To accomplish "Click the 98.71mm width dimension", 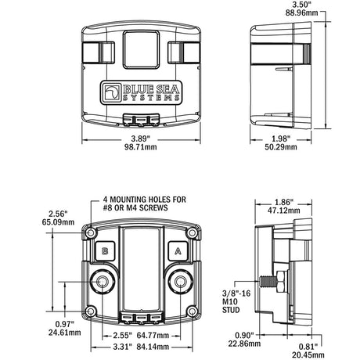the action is [141, 147].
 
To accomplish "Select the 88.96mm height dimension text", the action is [302, 13].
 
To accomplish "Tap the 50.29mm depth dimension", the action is [281, 147].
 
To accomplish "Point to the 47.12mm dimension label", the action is [284, 211].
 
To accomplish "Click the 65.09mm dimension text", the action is [58, 222].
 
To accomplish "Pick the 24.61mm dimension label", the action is [65, 333].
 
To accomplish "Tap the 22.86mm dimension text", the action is [244, 344].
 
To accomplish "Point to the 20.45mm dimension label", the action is [308, 355].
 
